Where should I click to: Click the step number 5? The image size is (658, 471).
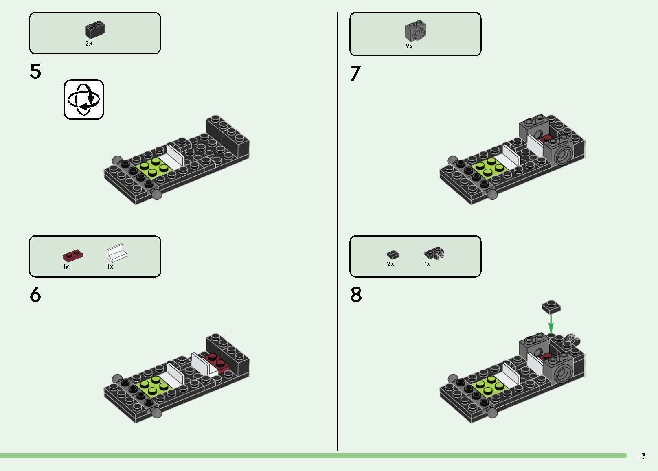(35, 71)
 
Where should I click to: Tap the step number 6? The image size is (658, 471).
(35, 294)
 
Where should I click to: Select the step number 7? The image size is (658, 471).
(355, 73)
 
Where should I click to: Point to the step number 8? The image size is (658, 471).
(356, 294)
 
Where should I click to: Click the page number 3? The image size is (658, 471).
(643, 456)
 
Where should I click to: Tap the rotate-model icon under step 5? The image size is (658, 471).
(84, 100)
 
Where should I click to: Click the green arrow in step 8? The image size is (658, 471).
(551, 324)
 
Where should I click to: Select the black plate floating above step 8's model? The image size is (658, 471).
(551, 307)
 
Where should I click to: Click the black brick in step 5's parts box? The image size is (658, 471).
(95, 30)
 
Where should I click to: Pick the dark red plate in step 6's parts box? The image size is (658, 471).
(73, 256)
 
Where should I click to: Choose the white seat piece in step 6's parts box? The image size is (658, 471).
(117, 253)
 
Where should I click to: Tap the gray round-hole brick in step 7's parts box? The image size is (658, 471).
(415, 31)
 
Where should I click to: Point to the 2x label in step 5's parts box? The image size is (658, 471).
(89, 44)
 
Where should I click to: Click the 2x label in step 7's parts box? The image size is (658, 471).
(409, 46)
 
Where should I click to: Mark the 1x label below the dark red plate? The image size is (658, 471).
(66, 267)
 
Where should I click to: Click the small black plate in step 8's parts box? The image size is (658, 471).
(393, 254)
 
